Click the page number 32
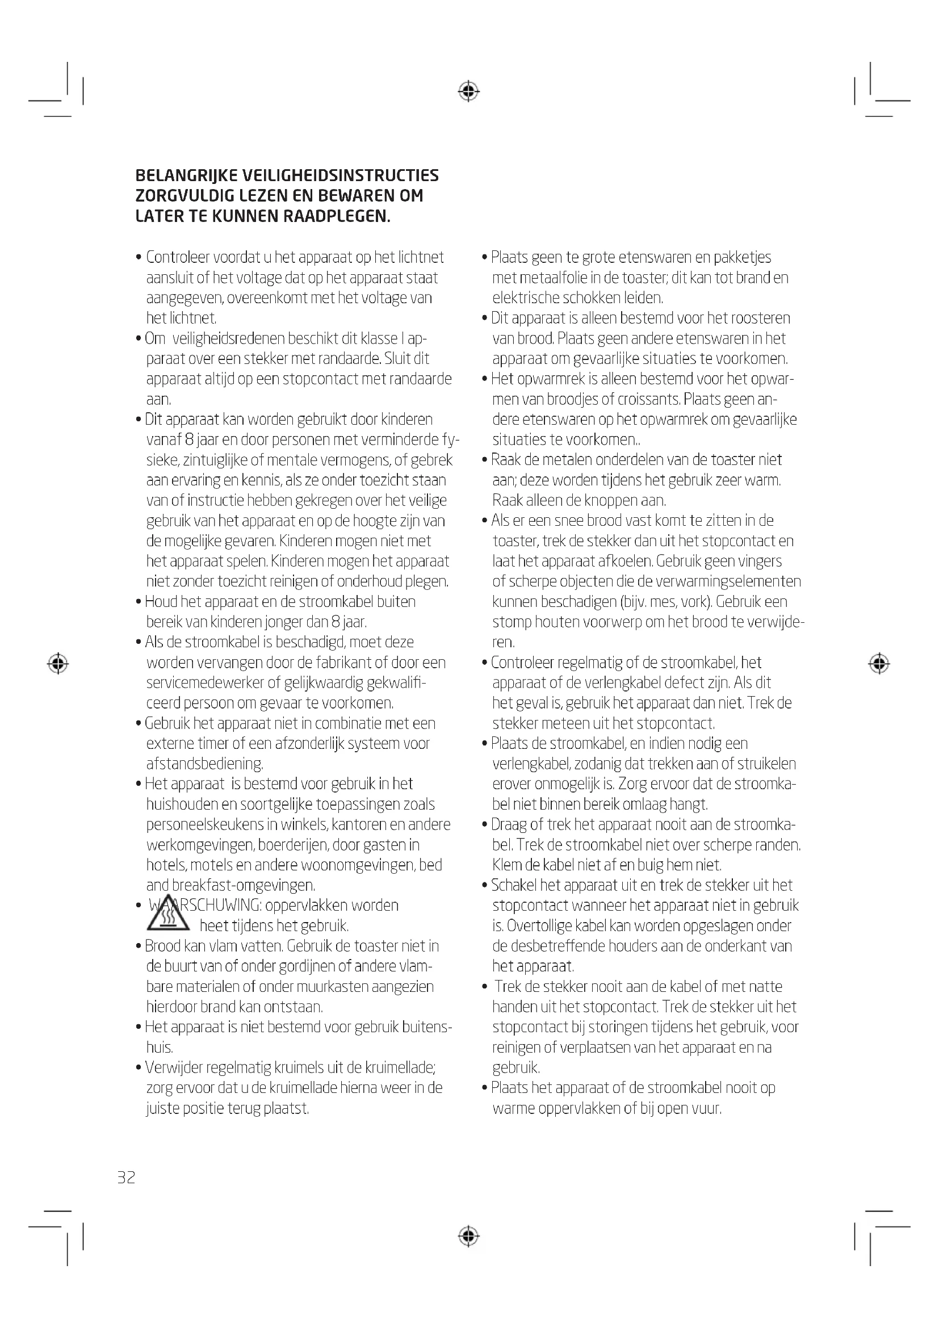click(x=126, y=1178)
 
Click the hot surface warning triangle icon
click(x=167, y=915)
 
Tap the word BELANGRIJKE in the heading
click(x=185, y=175)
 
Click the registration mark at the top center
click(x=468, y=91)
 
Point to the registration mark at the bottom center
click(x=468, y=1236)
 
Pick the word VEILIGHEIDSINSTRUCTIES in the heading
click(x=340, y=175)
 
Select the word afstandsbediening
click(x=205, y=764)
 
